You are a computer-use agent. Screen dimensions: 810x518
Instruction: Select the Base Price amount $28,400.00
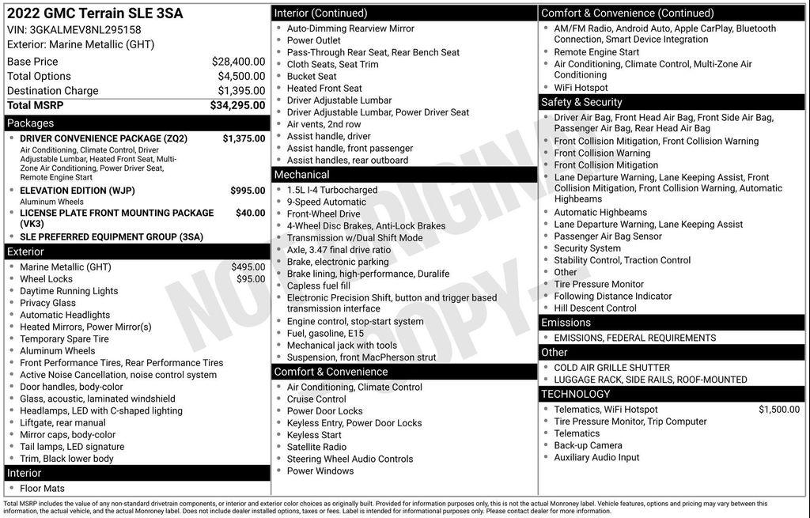pyautogui.click(x=238, y=62)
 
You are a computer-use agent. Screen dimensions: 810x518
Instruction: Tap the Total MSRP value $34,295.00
pyautogui.click(x=237, y=105)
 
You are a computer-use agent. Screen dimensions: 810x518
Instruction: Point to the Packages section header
pyautogui.click(x=31, y=123)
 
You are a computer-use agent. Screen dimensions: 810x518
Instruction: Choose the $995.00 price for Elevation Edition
pyautogui.click(x=248, y=191)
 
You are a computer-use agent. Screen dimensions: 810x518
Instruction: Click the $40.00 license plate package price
pyautogui.click(x=250, y=213)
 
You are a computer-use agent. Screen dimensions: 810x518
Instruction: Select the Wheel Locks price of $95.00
pyautogui.click(x=251, y=279)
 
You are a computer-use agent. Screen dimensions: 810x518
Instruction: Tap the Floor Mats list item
pyautogui.click(x=42, y=489)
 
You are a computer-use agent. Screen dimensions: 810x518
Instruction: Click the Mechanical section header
pyautogui.click(x=301, y=175)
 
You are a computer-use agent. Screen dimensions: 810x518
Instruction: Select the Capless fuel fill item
pyautogui.click(x=319, y=286)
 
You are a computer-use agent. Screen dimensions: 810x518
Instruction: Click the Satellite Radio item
pyautogui.click(x=316, y=448)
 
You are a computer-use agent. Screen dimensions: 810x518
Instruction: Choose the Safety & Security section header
pyautogui.click(x=581, y=103)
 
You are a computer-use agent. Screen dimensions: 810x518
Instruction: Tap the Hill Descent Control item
pyautogui.click(x=595, y=308)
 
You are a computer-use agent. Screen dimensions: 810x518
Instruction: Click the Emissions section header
pyautogui.click(x=566, y=323)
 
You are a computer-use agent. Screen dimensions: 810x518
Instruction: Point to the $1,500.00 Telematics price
pyautogui.click(x=778, y=410)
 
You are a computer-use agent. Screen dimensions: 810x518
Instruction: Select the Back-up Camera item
pyautogui.click(x=588, y=446)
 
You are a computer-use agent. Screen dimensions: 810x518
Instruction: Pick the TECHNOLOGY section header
pyautogui.click(x=576, y=394)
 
